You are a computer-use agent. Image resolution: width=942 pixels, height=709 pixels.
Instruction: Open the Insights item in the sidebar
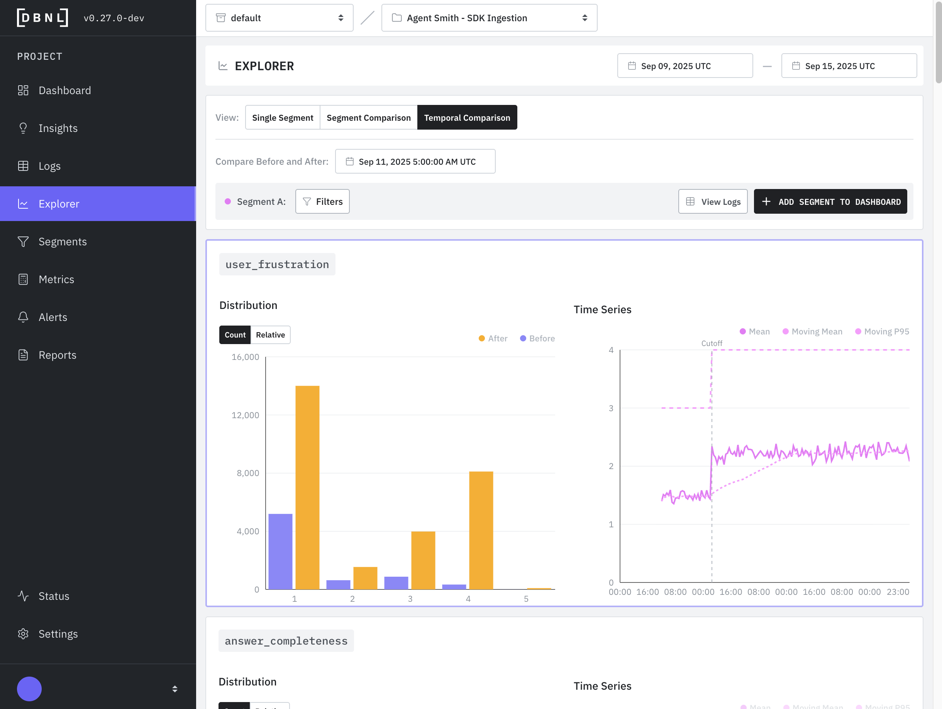click(58, 128)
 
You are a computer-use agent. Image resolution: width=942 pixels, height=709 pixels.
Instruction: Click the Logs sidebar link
click(49, 166)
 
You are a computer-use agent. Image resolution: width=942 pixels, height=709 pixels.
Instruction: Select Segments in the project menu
click(62, 242)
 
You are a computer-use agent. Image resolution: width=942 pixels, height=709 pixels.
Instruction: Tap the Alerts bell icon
click(24, 317)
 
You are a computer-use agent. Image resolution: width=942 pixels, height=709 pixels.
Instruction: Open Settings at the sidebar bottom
click(58, 634)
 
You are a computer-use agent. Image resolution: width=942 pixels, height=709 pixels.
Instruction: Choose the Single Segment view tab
click(282, 117)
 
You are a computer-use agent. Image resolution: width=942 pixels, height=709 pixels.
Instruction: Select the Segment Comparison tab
click(368, 117)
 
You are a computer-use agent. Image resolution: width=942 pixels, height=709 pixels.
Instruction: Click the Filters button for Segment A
click(322, 202)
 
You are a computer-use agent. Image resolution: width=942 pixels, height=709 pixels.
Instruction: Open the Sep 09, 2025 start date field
click(684, 66)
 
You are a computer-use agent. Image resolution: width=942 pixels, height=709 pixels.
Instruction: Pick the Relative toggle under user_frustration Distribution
click(270, 335)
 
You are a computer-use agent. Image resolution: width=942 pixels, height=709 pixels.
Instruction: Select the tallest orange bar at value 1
click(307, 487)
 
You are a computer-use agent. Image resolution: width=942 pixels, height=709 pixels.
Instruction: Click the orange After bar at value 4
click(481, 530)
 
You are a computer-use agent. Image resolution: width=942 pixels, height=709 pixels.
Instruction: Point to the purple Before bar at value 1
click(280, 551)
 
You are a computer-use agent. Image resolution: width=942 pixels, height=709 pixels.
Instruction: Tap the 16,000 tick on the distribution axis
click(245, 357)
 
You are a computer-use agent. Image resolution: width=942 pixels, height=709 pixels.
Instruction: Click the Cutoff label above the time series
click(711, 343)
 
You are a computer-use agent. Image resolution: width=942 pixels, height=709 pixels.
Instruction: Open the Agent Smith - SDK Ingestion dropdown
click(489, 18)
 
